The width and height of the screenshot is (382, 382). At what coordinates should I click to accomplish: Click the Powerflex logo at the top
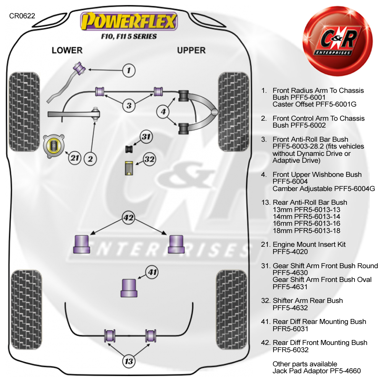pyautogui.click(x=128, y=22)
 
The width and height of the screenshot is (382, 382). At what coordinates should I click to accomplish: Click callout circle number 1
pyautogui.click(x=129, y=70)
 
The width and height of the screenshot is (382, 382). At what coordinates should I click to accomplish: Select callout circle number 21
pyautogui.click(x=75, y=158)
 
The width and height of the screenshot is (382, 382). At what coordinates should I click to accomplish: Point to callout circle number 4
pyautogui.click(x=163, y=112)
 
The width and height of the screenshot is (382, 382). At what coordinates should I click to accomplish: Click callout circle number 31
pyautogui.click(x=146, y=137)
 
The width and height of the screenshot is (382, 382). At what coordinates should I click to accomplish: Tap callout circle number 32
pyautogui.click(x=150, y=159)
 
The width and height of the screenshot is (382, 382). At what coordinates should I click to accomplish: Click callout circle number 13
pyautogui.click(x=129, y=361)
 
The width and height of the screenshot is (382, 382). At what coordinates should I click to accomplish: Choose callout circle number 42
pyautogui.click(x=128, y=218)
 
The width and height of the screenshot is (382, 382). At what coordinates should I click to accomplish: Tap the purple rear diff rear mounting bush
pyautogui.click(x=129, y=288)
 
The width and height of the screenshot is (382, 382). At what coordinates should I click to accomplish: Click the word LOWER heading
pyautogui.click(x=67, y=50)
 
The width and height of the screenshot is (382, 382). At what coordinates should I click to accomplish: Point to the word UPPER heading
pyautogui.click(x=191, y=50)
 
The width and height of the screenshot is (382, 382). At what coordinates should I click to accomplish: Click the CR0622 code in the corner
pyautogui.click(x=22, y=16)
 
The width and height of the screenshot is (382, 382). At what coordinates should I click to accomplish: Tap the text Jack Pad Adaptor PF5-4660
pyautogui.click(x=316, y=371)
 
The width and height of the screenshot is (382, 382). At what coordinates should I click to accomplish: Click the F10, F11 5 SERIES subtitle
pyautogui.click(x=128, y=37)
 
